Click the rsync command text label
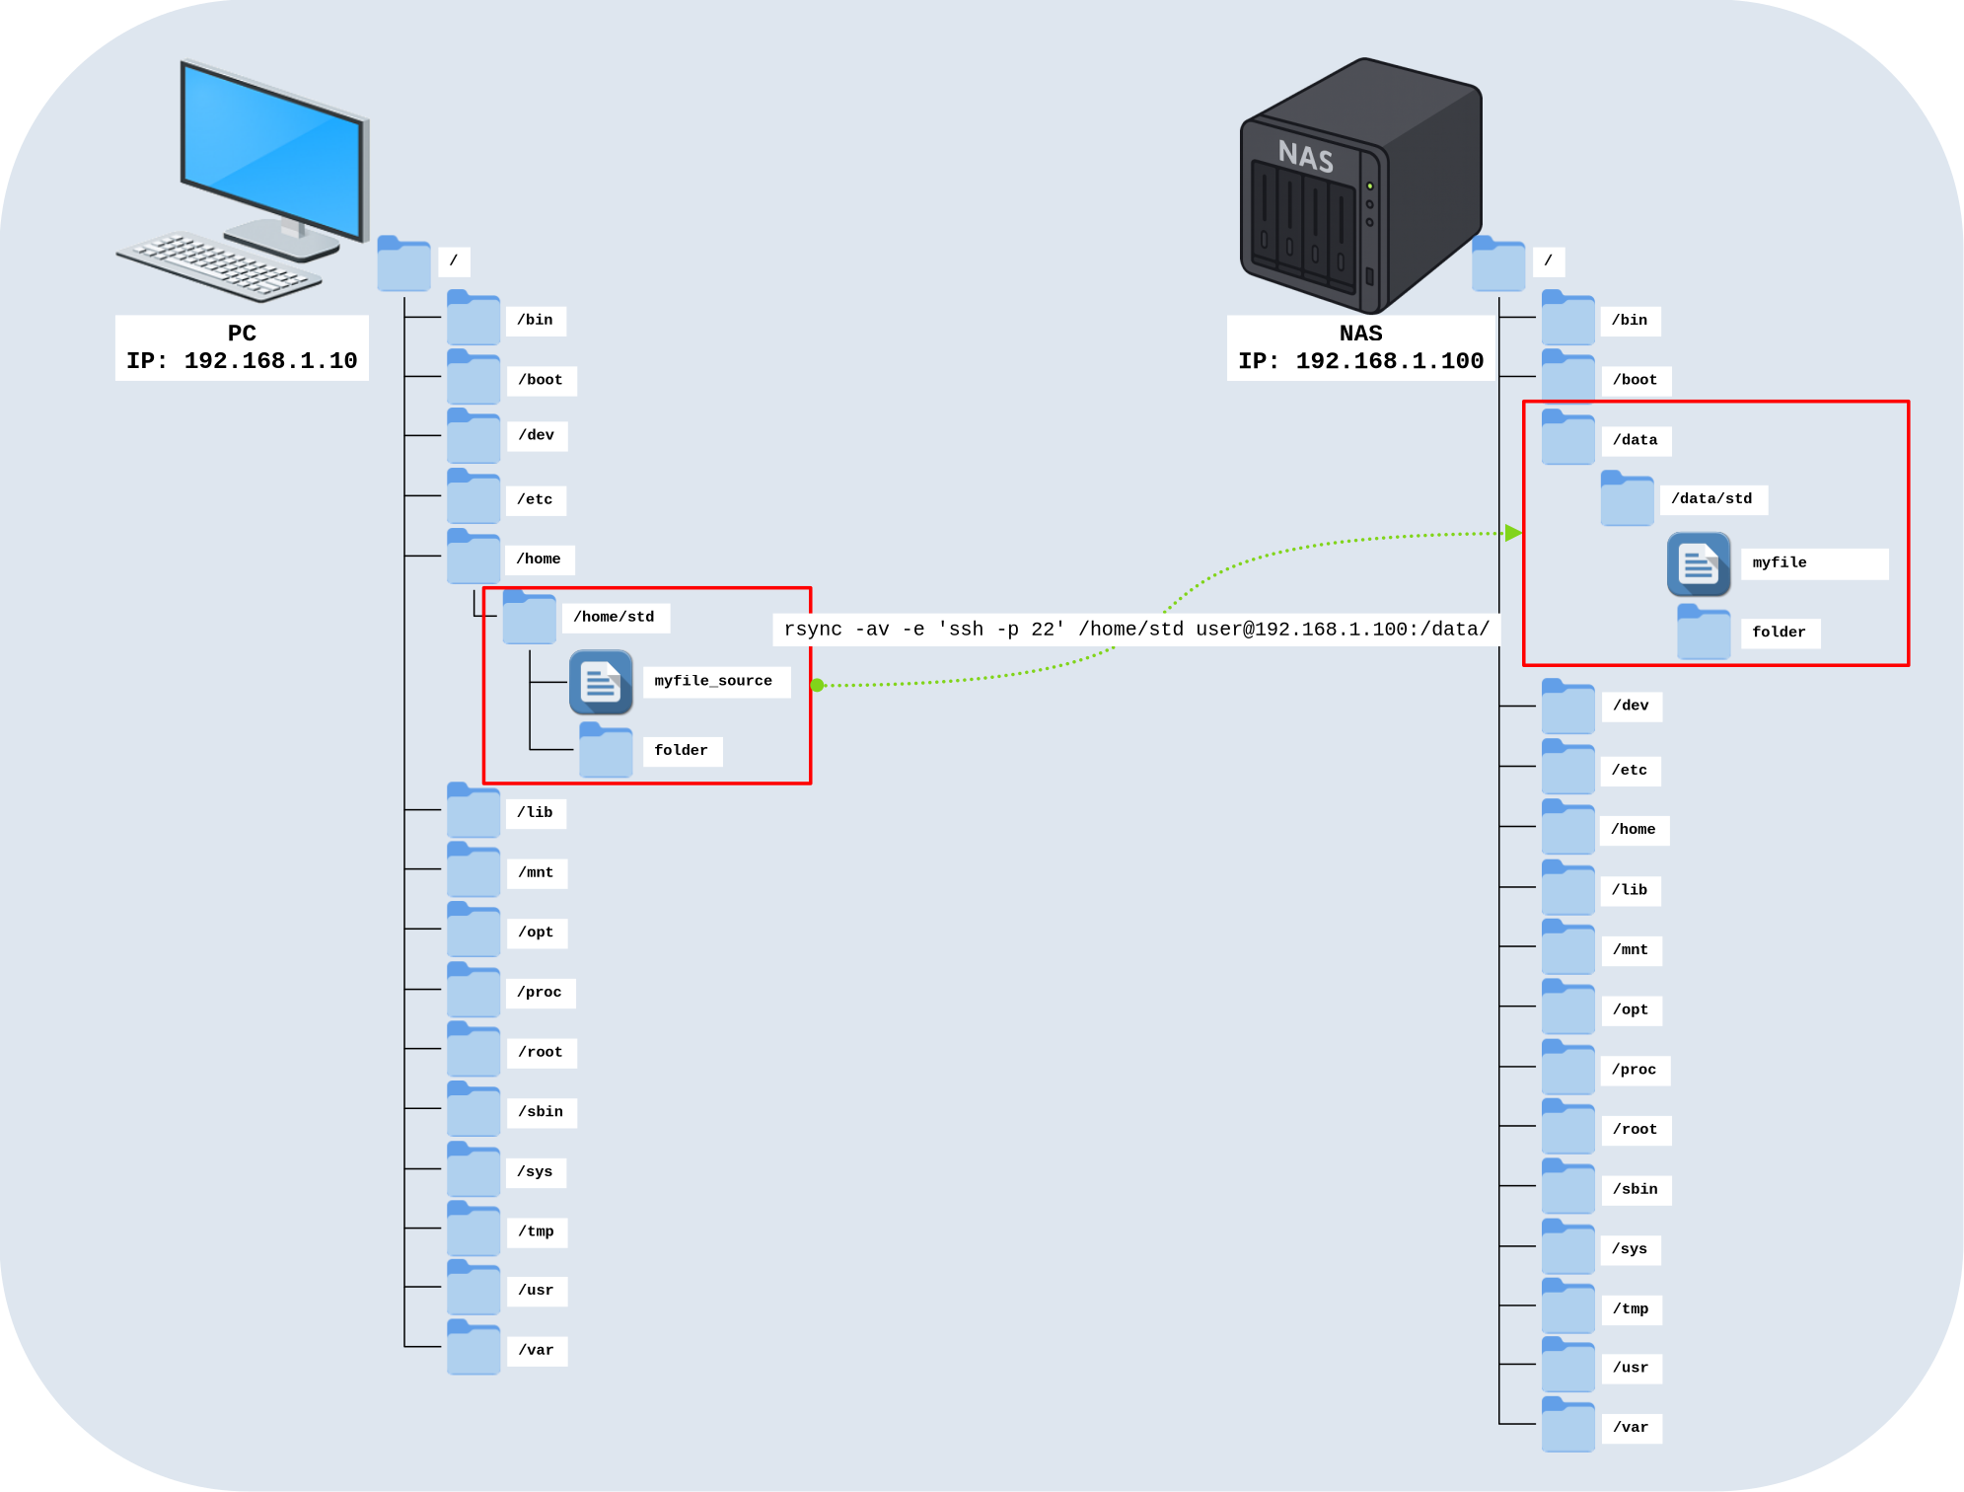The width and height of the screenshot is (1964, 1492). [1136, 630]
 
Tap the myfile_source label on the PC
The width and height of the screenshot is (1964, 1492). [713, 681]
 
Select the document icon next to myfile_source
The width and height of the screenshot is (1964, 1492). [601, 682]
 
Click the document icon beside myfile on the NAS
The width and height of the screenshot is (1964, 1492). [1699, 564]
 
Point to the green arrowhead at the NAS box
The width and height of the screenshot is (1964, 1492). [1513, 533]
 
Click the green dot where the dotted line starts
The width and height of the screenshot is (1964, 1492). [817, 685]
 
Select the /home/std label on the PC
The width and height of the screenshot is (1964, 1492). [614, 618]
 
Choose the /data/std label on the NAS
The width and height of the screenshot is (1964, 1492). [1711, 499]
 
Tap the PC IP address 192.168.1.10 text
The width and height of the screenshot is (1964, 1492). [270, 361]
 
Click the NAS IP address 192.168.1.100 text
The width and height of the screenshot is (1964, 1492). [1389, 361]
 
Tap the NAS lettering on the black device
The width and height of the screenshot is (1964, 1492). [1305, 156]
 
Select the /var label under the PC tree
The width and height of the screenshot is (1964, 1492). [536, 1350]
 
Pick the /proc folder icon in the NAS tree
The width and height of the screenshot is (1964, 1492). [1567, 1068]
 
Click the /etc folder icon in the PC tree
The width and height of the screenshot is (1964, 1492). [473, 497]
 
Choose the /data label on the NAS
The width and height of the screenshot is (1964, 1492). [1635, 440]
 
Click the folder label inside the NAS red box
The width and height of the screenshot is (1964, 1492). [1779, 633]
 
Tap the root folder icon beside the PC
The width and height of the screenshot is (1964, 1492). [403, 264]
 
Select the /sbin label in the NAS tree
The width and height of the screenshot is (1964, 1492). [1635, 1189]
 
